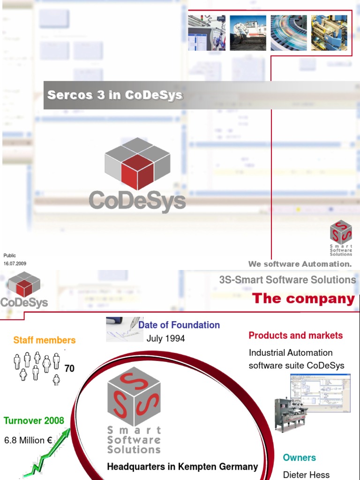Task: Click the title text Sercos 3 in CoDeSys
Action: (115, 95)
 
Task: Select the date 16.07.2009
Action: (15, 263)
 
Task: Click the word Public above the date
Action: (10, 255)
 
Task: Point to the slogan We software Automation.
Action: (300, 264)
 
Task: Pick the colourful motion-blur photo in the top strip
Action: (288, 33)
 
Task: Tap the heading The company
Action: (303, 299)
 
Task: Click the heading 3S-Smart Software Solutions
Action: (287, 280)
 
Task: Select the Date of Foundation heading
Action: (179, 325)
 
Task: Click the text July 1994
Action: (166, 338)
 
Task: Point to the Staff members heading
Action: (45, 340)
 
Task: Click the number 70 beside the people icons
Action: (69, 369)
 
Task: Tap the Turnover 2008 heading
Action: (34, 420)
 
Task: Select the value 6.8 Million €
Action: (28, 441)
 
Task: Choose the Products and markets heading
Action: (295, 336)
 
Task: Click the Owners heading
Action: (300, 457)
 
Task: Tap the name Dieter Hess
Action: (306, 475)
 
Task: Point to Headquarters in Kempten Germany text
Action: (182, 467)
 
